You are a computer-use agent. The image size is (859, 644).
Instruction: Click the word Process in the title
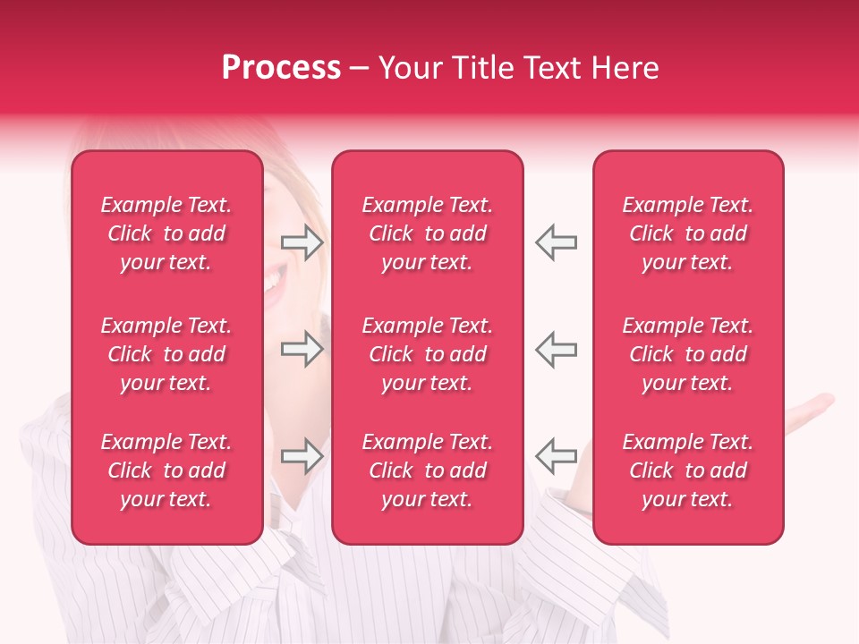281,68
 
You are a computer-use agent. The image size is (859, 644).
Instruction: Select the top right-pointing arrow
302,242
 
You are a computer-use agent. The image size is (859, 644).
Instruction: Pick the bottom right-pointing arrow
302,456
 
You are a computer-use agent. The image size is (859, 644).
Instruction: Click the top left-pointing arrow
556,242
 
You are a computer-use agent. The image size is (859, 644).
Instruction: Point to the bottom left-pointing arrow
556,456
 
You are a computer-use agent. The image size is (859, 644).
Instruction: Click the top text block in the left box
166,233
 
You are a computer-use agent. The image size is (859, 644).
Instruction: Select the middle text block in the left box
166,354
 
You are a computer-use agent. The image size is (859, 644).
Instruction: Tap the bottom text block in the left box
166,470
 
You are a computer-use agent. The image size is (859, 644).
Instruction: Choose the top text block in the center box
428,233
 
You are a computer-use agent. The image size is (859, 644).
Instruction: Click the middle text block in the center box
428,354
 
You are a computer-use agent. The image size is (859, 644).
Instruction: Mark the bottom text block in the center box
428,470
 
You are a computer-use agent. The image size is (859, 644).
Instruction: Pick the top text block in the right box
688,233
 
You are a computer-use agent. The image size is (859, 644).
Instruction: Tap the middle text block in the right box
688,354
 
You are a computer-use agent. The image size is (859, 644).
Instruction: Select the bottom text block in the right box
688,470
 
